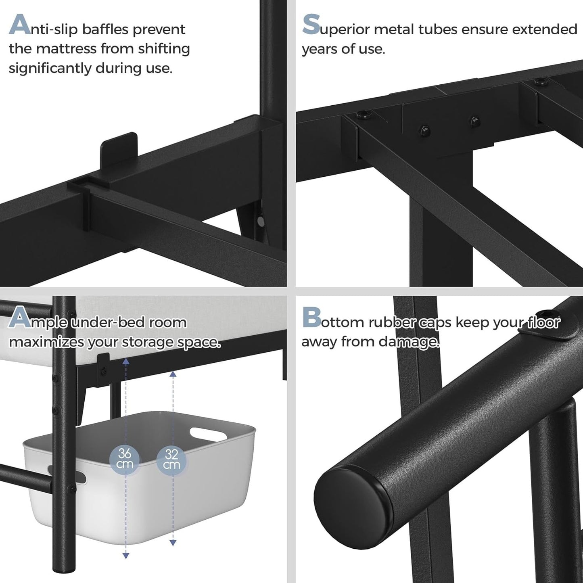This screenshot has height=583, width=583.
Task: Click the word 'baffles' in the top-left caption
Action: [106, 29]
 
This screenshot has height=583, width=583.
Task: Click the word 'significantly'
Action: [50, 69]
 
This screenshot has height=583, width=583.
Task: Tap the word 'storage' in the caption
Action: [147, 343]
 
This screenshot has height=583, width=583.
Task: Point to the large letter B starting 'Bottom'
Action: [311, 318]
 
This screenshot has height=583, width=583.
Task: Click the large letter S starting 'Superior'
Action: [311, 24]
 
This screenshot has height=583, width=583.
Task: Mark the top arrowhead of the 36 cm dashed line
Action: [126, 362]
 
